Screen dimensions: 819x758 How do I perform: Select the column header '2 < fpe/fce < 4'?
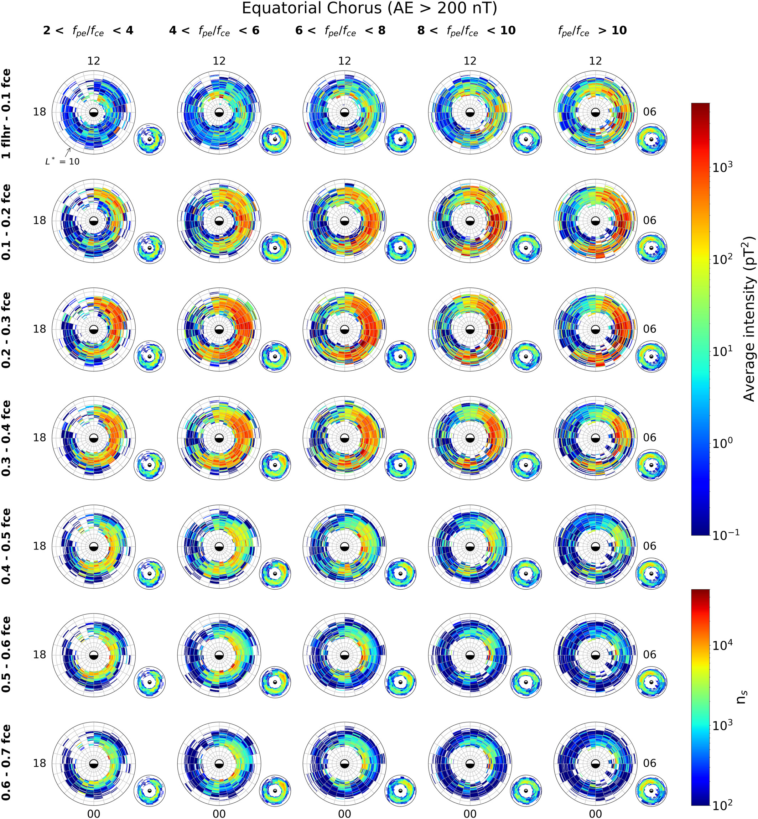tap(88, 31)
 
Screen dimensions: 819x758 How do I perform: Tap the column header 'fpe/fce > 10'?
tap(592, 31)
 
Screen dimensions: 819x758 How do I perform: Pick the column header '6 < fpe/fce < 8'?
tap(340, 31)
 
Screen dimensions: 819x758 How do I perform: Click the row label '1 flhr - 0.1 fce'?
tap(6, 114)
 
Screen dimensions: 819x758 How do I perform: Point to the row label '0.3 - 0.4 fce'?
tap(6, 438)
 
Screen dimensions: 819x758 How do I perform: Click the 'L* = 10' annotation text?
tap(62, 162)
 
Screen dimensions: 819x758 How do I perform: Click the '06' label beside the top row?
tap(649, 112)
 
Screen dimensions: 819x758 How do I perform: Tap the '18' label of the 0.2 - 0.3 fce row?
tap(40, 329)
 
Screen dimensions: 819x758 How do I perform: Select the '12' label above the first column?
tap(94, 61)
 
